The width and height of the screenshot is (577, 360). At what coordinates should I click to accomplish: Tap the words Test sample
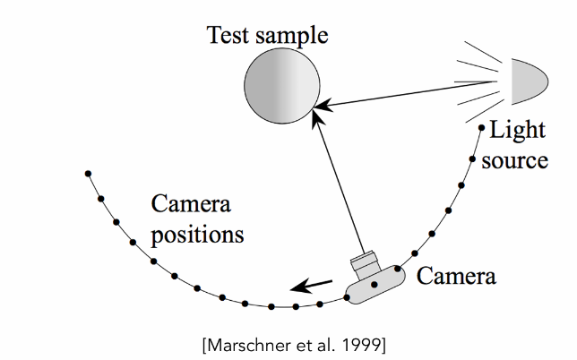pyautogui.click(x=268, y=36)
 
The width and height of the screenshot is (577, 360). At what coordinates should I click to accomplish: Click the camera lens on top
pyautogui.click(x=366, y=262)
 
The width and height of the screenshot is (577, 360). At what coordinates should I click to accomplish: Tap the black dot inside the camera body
pyautogui.click(x=375, y=286)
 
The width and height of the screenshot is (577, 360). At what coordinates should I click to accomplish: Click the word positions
pyautogui.click(x=197, y=236)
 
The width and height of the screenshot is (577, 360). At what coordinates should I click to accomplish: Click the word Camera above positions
pyautogui.click(x=191, y=207)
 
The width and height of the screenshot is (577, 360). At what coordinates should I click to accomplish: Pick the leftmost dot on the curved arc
pyautogui.click(x=87, y=173)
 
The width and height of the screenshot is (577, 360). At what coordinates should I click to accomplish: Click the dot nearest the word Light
pyautogui.click(x=482, y=128)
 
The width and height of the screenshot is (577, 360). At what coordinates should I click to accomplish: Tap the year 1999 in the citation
pyautogui.click(x=366, y=344)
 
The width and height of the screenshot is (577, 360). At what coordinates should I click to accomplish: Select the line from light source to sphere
pyautogui.click(x=412, y=93)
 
